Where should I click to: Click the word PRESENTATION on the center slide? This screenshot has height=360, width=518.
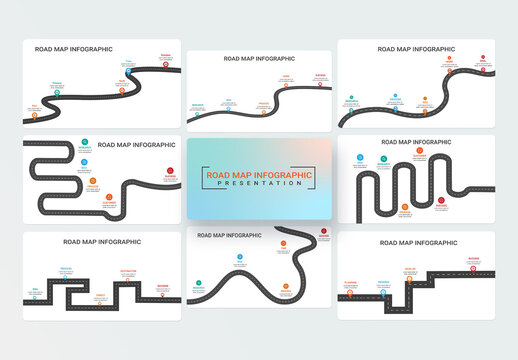(x=258, y=184)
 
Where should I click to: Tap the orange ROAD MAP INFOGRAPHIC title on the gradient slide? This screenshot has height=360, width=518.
(x=258, y=175)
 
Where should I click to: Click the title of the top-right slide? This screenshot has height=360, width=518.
(x=415, y=48)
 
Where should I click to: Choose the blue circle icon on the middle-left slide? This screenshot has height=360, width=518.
(x=84, y=162)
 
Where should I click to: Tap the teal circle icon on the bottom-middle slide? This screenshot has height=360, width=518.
(x=201, y=286)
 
